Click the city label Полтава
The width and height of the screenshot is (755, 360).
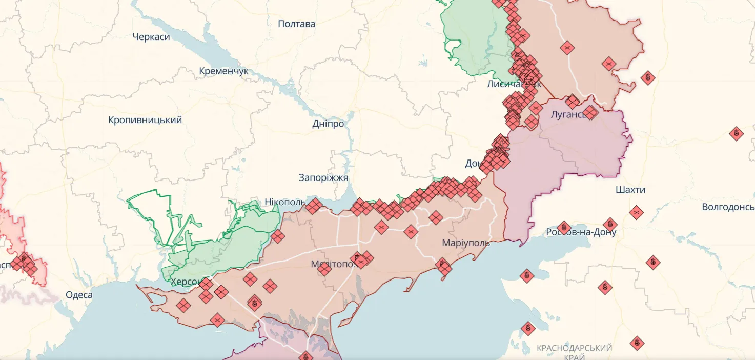(296, 24)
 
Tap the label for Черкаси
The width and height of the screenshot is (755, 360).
(151, 37)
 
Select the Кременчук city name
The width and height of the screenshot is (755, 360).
(223, 71)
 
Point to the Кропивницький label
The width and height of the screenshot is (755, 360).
(145, 120)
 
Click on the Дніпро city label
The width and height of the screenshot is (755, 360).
(328, 124)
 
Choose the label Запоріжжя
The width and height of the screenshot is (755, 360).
(323, 178)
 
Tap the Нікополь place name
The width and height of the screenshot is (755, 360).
(284, 202)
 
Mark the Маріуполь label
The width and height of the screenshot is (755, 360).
(466, 243)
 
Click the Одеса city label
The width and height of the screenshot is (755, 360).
(79, 295)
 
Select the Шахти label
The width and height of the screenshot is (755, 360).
(630, 190)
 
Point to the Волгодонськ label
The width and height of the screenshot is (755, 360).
(728, 207)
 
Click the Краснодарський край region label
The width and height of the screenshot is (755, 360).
(574, 352)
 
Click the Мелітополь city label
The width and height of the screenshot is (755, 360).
(333, 264)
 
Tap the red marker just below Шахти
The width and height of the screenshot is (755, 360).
(636, 212)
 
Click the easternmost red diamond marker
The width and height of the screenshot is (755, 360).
(736, 134)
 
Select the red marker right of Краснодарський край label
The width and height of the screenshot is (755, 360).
(637, 343)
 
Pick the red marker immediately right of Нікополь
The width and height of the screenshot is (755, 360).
(314, 206)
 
